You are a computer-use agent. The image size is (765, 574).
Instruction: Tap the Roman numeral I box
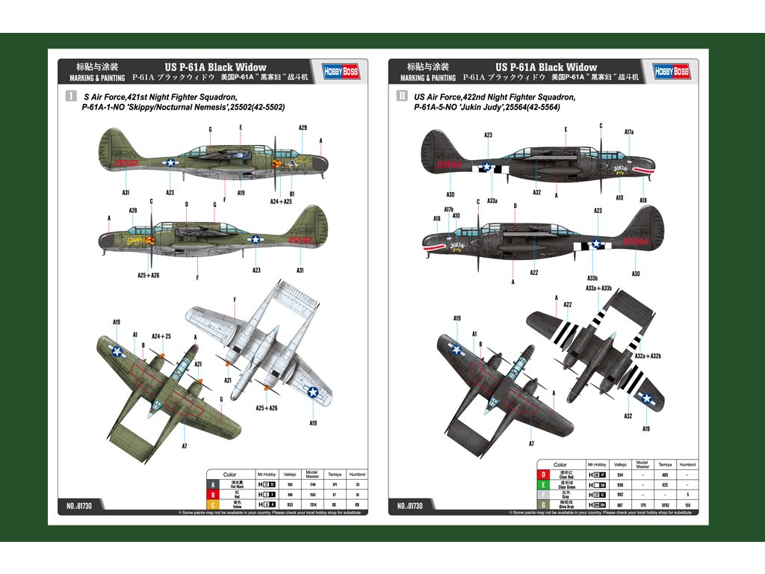[x=71, y=96]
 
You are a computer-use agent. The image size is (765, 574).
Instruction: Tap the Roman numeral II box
[x=403, y=96]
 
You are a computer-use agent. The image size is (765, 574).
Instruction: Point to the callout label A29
[x=303, y=128]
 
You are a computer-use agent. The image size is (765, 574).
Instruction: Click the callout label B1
[x=292, y=194]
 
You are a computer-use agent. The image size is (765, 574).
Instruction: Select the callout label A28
[x=132, y=211]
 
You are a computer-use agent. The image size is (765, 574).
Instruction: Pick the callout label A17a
[x=629, y=132]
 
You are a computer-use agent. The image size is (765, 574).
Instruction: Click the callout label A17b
[x=448, y=209]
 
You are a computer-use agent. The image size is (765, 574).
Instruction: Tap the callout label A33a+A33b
[x=598, y=288]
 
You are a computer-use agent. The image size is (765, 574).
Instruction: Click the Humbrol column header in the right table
[x=687, y=464]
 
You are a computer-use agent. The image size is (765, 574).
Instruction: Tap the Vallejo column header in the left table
[x=291, y=474]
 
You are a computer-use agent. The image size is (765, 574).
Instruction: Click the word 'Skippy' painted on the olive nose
[x=135, y=241]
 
